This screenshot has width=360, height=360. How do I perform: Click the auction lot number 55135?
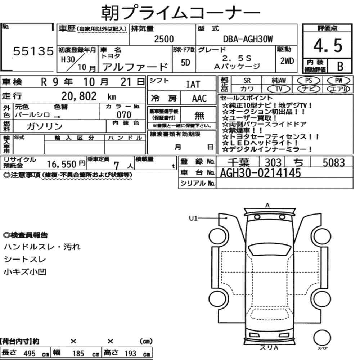click(33, 51)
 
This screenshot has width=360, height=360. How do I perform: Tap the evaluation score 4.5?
click(328, 45)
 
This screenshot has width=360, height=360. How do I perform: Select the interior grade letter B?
click(340, 66)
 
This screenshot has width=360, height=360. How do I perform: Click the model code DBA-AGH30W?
click(248, 39)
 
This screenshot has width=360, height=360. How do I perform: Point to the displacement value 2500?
click(164, 39)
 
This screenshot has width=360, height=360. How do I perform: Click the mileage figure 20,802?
click(79, 96)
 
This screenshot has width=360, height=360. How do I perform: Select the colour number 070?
click(124, 115)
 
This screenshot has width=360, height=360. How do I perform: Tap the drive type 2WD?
click(287, 61)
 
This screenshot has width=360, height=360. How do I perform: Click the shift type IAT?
click(193, 85)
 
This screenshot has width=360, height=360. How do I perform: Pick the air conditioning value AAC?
click(199, 99)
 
